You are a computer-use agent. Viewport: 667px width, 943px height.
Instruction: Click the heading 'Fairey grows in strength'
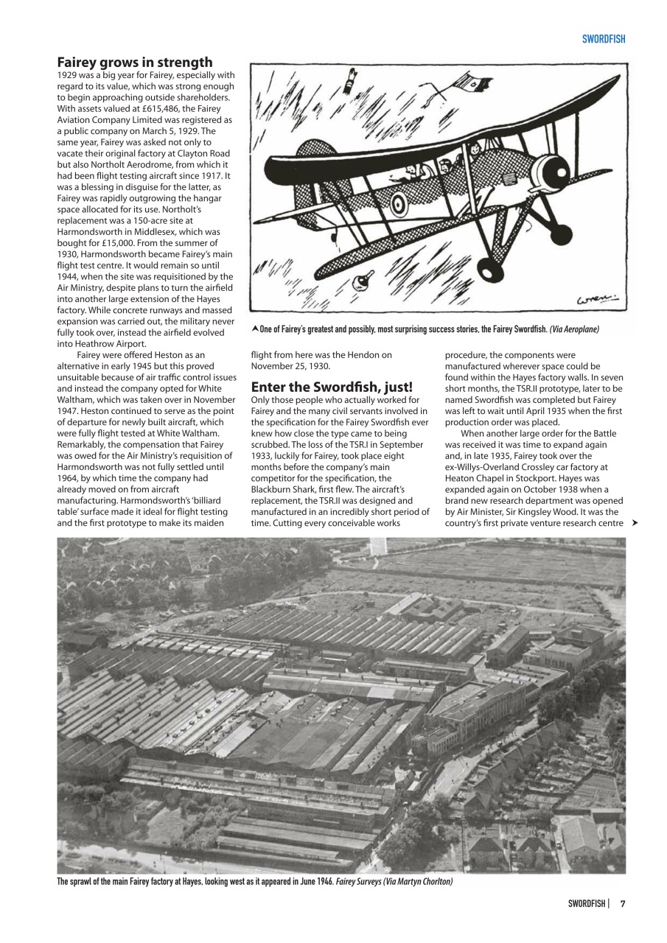pyautogui.click(x=135, y=63)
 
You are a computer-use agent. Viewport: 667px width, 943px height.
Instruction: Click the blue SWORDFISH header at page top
pyautogui.click(x=603, y=39)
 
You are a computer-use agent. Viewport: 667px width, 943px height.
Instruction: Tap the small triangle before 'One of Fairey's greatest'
pyautogui.click(x=255, y=329)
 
